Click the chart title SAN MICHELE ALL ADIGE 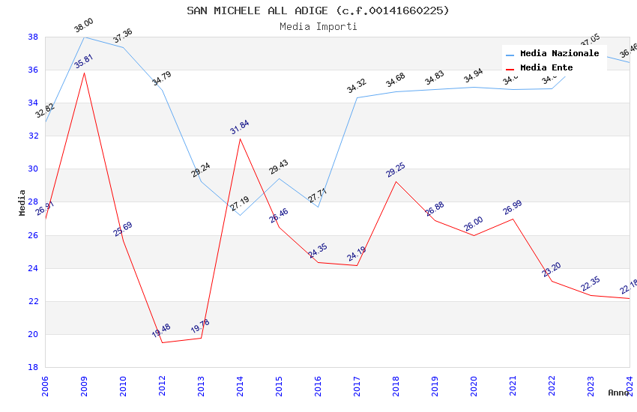coord(318,10)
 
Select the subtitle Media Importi coord(318,26)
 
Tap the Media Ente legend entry coord(546,67)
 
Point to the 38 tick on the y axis coord(33,37)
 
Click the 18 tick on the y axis coord(33,367)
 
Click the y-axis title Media coord(22,202)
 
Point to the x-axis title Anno coord(618,393)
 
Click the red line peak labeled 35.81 coord(84,73)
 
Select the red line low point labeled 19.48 coord(162,342)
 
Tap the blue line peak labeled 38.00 coord(84,37)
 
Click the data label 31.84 coord(240,127)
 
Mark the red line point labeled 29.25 coord(396,181)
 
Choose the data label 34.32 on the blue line coord(356,86)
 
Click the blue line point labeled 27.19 coord(240,215)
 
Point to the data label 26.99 coord(513,207)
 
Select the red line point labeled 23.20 coord(552,281)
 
